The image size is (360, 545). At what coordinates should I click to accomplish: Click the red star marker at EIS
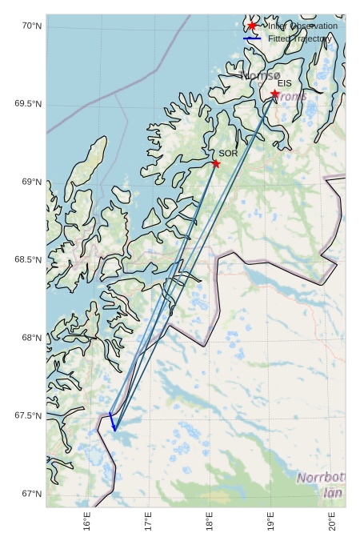[x=275, y=94]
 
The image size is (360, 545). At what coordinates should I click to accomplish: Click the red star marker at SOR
[x=216, y=163]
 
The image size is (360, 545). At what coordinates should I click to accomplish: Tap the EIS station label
[x=284, y=83]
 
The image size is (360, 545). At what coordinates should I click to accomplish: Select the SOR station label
[x=228, y=153]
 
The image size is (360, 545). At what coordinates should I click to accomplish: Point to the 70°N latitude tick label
[x=31, y=26]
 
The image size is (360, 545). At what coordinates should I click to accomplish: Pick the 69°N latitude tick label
[x=31, y=182]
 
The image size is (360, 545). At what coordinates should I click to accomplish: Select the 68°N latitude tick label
[x=31, y=338]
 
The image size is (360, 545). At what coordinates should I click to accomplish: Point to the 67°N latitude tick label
[x=31, y=494]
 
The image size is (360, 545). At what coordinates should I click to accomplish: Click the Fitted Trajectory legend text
[x=299, y=38]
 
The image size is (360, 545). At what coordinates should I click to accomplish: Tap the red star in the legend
[x=252, y=26]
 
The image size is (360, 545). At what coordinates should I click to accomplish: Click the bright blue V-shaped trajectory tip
[x=114, y=428]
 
